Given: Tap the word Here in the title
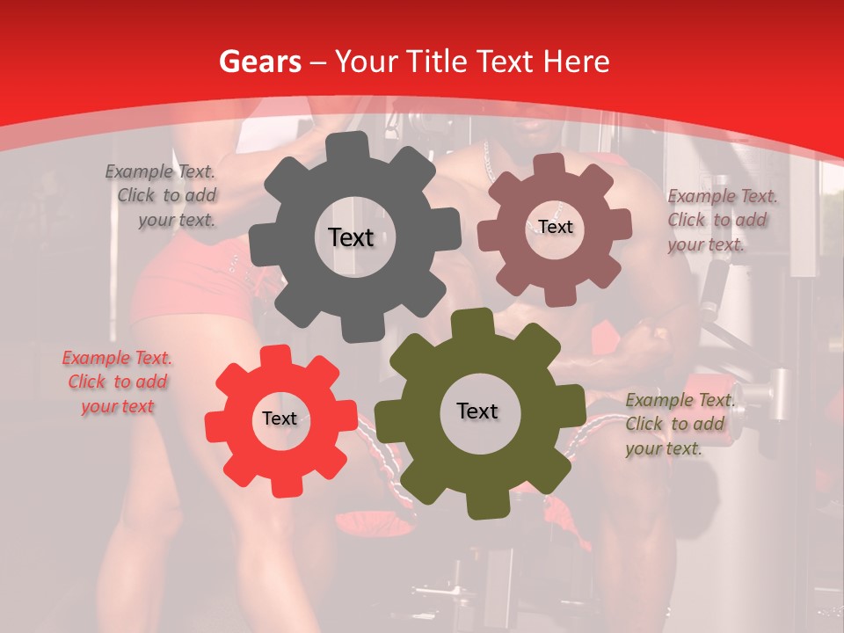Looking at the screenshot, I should pos(577,62).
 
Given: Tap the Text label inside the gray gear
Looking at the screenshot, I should pos(351,237).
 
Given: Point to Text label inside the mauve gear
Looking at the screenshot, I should pos(556,227).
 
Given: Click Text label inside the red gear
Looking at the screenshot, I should pos(280,418).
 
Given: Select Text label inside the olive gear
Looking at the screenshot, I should pos(477,411).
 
